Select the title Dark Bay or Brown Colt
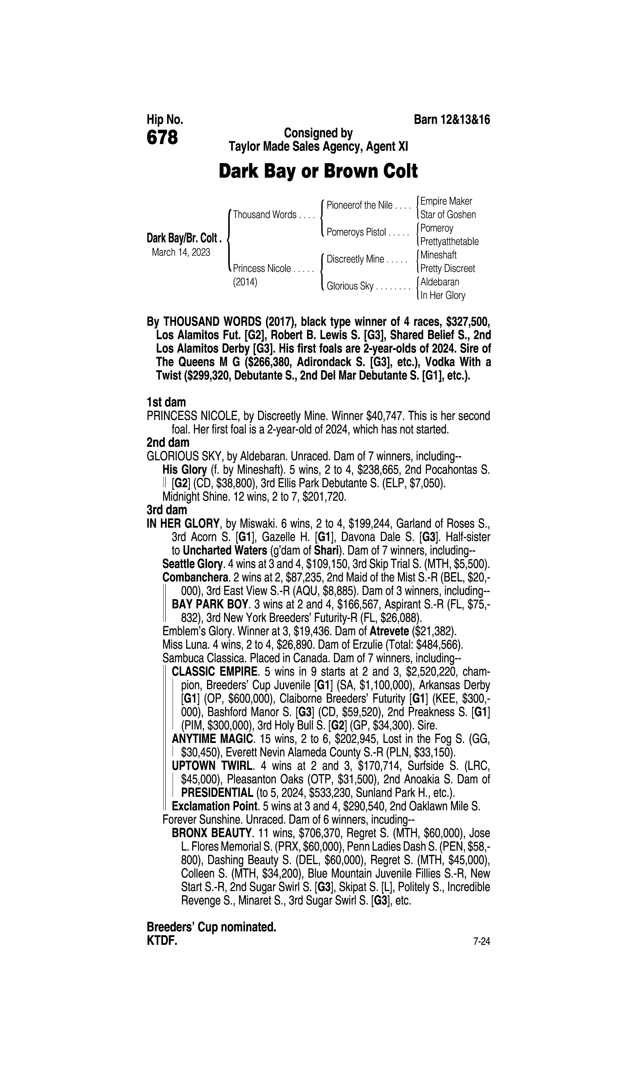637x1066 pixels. click(318, 171)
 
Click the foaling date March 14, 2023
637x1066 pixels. click(181, 252)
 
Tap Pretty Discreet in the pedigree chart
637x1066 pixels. click(448, 268)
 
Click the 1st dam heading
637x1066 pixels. click(166, 402)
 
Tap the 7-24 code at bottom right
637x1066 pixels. click(482, 942)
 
